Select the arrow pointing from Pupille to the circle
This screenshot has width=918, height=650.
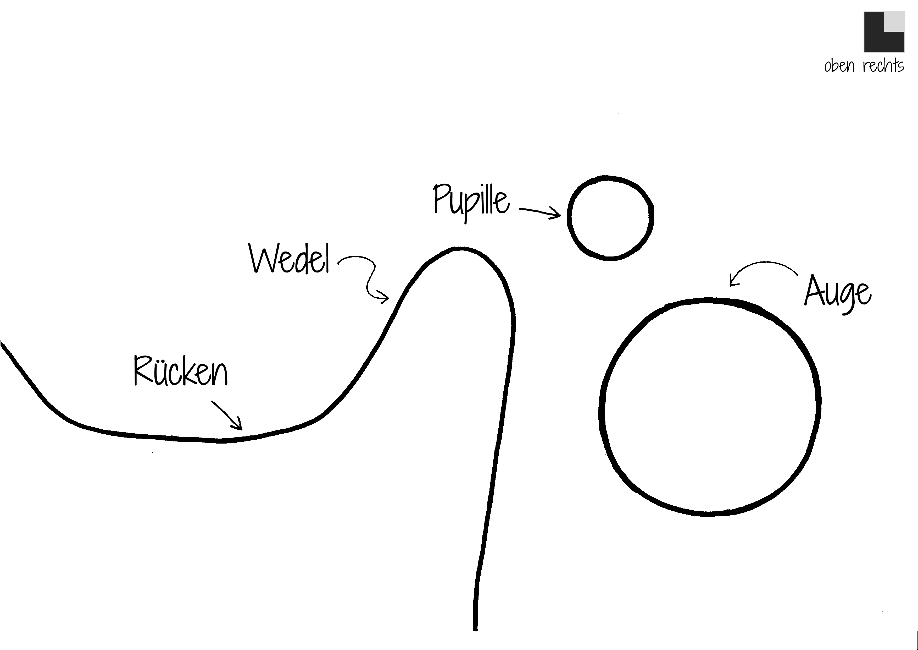540,212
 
